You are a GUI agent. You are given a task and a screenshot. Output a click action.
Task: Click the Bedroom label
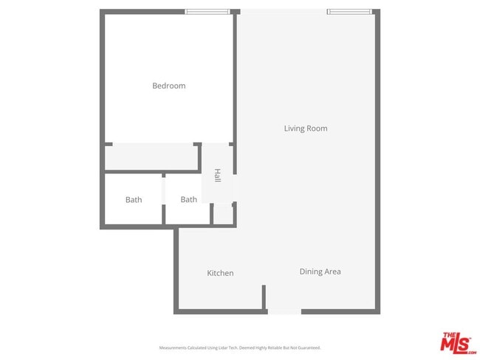[x=168, y=86]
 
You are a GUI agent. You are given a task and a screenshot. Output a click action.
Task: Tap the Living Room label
[x=305, y=128]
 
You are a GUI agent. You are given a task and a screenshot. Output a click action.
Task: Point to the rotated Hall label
[x=217, y=176]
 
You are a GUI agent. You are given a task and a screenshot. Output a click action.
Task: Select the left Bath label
[x=134, y=199]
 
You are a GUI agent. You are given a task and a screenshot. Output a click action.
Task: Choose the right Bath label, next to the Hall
[x=189, y=199]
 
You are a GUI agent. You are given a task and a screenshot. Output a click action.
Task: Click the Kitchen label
[x=220, y=273]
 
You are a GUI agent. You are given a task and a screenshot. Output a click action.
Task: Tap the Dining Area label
[x=320, y=271]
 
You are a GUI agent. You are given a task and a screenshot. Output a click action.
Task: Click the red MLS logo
[x=458, y=342]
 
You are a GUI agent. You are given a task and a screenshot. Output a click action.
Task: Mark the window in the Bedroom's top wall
[x=207, y=11]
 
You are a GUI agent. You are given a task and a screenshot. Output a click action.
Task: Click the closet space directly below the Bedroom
[x=151, y=157]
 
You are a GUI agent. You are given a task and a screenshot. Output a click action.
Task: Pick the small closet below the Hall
[x=222, y=215]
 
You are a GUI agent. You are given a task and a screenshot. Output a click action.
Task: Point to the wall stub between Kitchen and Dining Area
[x=264, y=297]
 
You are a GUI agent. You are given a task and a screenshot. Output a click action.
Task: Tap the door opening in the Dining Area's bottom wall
[x=284, y=312]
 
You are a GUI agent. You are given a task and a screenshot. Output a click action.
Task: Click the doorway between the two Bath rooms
[x=164, y=199]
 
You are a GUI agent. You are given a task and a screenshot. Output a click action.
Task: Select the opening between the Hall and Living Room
[x=236, y=188]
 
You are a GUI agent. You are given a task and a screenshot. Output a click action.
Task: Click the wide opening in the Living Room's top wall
[x=283, y=11]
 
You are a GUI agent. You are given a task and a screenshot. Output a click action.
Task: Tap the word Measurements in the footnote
[x=174, y=347]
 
